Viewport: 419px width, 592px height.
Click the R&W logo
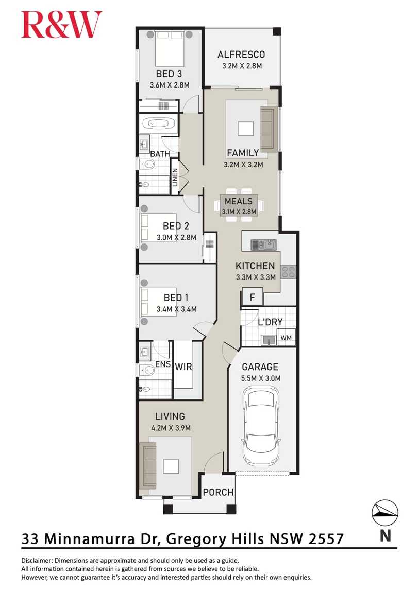click(x=61, y=25)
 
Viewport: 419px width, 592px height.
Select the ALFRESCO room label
click(x=241, y=55)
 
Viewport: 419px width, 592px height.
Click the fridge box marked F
click(x=253, y=298)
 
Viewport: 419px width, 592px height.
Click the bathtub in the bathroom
click(x=158, y=124)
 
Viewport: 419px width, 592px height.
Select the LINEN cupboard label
click(x=175, y=178)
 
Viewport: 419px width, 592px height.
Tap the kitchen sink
click(x=264, y=245)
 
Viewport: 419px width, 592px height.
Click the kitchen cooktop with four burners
click(x=288, y=271)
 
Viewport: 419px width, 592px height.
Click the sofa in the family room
click(x=267, y=128)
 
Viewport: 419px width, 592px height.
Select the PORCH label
click(x=218, y=492)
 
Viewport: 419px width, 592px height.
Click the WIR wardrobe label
click(x=183, y=367)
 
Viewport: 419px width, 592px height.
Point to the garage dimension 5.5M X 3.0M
click(x=260, y=379)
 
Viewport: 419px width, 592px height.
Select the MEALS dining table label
click(x=238, y=201)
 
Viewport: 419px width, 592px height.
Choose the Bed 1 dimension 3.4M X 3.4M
click(x=177, y=309)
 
